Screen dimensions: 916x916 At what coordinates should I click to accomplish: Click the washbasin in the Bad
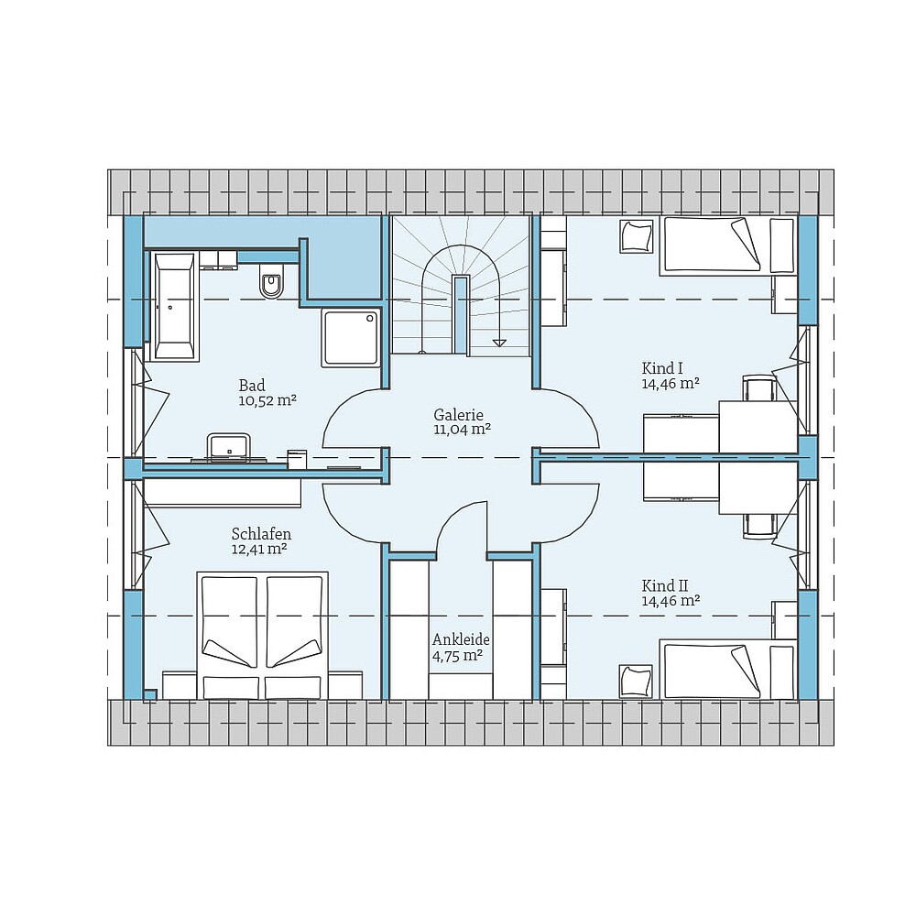point(227,446)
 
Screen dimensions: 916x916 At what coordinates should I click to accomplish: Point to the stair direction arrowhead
point(498,343)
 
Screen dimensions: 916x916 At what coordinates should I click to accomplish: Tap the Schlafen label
point(261,534)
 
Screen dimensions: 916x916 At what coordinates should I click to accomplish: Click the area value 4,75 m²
point(457,655)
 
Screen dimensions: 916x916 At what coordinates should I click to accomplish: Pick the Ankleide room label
point(461,639)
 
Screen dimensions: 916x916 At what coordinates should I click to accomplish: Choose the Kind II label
point(665,585)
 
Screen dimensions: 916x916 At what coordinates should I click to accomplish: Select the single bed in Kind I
point(711,245)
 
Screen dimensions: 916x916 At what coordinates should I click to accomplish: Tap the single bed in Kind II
point(711,671)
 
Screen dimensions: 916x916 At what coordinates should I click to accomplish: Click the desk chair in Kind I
point(759,387)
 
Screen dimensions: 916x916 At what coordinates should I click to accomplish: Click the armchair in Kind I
point(636,236)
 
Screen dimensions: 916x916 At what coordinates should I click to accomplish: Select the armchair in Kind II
point(636,680)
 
